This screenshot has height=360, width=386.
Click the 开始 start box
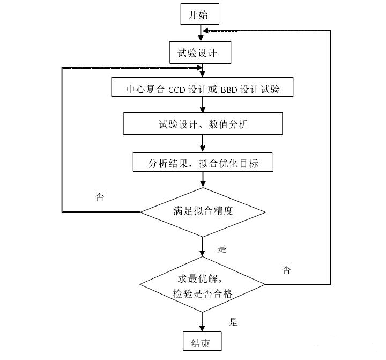tap(200, 14)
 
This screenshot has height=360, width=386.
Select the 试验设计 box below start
tap(200, 53)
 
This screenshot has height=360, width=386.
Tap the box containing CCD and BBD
tap(203, 88)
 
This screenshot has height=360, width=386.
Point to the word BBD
tap(231, 89)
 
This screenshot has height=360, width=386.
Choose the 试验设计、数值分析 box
tap(203, 124)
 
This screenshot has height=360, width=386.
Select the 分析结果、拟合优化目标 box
tap(203, 162)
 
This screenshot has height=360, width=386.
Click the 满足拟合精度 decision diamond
tap(203, 211)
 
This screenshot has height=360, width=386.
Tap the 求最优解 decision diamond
tap(203, 285)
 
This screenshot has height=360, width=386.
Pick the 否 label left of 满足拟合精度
tap(100, 196)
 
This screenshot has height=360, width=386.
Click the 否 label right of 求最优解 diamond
tap(287, 269)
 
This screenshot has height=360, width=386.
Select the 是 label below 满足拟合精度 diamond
tap(222, 248)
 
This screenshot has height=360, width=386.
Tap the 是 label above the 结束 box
tap(233, 322)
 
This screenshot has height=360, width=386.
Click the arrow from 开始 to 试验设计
tap(201, 33)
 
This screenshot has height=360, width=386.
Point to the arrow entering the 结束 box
tap(203, 324)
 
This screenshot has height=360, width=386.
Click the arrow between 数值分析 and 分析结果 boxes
tap(203, 144)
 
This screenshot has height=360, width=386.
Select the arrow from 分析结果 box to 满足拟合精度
tap(203, 180)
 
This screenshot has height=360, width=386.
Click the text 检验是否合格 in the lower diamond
tap(203, 293)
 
